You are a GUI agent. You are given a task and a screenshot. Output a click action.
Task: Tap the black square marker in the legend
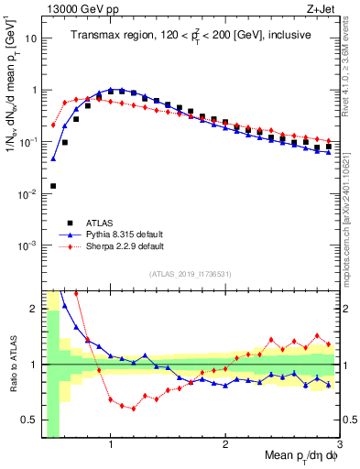pyautogui.click(x=70, y=222)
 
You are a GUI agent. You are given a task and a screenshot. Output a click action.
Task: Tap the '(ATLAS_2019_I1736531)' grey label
pyautogui.click(x=191, y=274)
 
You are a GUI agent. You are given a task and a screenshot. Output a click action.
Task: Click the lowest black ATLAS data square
pyautogui.click(x=53, y=186)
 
